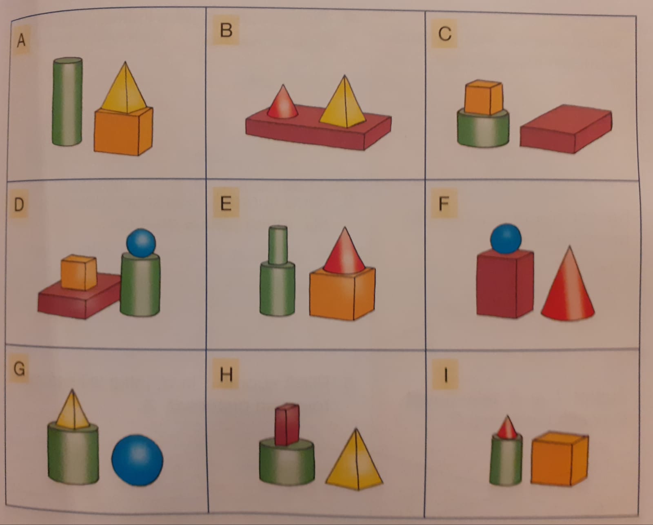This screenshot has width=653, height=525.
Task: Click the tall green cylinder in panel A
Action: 67,102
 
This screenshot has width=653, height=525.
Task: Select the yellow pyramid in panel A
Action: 124,89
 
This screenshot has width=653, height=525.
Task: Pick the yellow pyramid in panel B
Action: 343,103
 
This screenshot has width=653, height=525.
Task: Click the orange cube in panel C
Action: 483,97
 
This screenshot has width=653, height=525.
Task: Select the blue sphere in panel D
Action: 141,243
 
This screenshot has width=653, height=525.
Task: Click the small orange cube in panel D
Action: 79,272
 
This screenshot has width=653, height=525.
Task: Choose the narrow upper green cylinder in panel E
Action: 278,245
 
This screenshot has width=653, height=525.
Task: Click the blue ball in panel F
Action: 506,239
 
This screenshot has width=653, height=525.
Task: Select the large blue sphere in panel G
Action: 137,460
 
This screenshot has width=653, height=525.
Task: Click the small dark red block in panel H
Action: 287,425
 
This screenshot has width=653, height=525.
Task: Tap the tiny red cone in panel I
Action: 507,428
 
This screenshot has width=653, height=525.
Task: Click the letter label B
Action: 226,30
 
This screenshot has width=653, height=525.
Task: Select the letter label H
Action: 226,374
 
